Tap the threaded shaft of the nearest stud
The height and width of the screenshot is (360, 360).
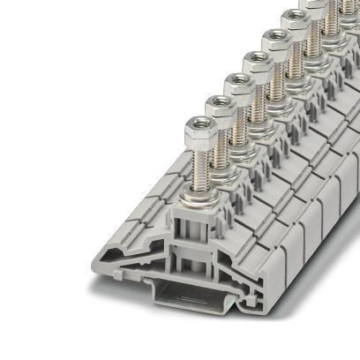(x=197, y=164)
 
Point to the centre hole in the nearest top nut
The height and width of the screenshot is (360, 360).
(x=196, y=125)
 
